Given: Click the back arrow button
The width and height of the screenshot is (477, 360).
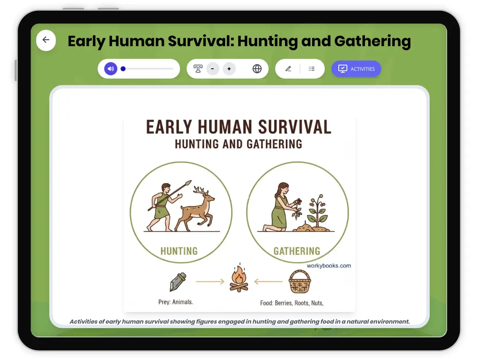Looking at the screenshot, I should point(46,40).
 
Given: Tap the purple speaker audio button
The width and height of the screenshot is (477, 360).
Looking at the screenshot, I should point(111,69).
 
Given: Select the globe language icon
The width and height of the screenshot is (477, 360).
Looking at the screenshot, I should point(257,69).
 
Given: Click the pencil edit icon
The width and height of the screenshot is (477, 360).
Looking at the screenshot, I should point(288,69).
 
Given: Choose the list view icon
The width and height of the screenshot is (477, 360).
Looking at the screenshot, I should point(312,69).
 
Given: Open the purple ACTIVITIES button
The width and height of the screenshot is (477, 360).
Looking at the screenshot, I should point(356,69).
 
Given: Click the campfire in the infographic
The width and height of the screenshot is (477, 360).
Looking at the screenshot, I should point(238,279).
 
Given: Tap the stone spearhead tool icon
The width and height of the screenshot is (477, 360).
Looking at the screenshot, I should point(177,281).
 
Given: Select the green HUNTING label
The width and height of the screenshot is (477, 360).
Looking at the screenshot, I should point(179,251).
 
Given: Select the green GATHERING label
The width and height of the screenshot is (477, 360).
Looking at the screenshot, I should point(297,251).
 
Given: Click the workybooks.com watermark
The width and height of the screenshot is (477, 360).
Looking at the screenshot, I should point(329,266).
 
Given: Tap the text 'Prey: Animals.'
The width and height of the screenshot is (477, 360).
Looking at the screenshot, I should point(176,302).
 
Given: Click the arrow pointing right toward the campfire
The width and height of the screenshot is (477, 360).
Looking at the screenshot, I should point(210,282).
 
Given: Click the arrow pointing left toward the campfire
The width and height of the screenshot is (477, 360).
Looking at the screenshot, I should point(268,282).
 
